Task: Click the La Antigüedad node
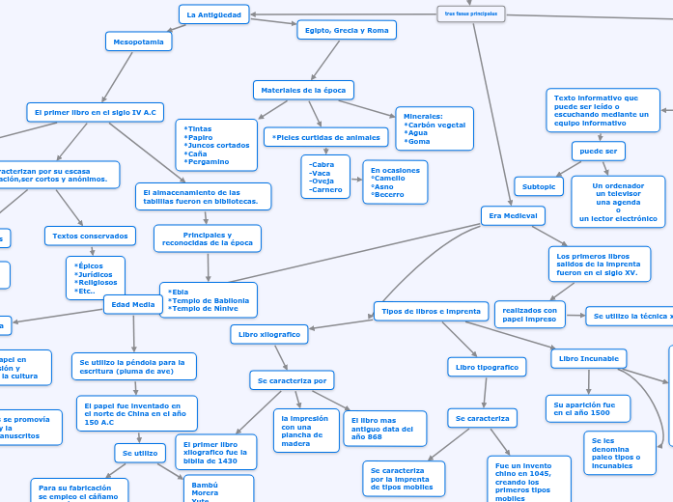[213, 14]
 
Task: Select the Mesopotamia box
[139, 42]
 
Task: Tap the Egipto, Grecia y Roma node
[347, 31]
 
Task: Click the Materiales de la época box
[303, 90]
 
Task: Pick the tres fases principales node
[470, 14]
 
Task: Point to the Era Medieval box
[513, 215]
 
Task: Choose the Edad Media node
[133, 304]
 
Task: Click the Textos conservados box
[90, 236]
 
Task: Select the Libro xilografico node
[269, 334]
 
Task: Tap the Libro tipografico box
[487, 367]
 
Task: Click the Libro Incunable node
[588, 359]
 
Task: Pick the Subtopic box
[539, 186]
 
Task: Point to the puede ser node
[599, 152]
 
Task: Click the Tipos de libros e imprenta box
[432, 311]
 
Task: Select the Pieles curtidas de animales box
[326, 137]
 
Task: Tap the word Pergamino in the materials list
[208, 161]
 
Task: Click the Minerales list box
[435, 128]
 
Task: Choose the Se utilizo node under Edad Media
[140, 453]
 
